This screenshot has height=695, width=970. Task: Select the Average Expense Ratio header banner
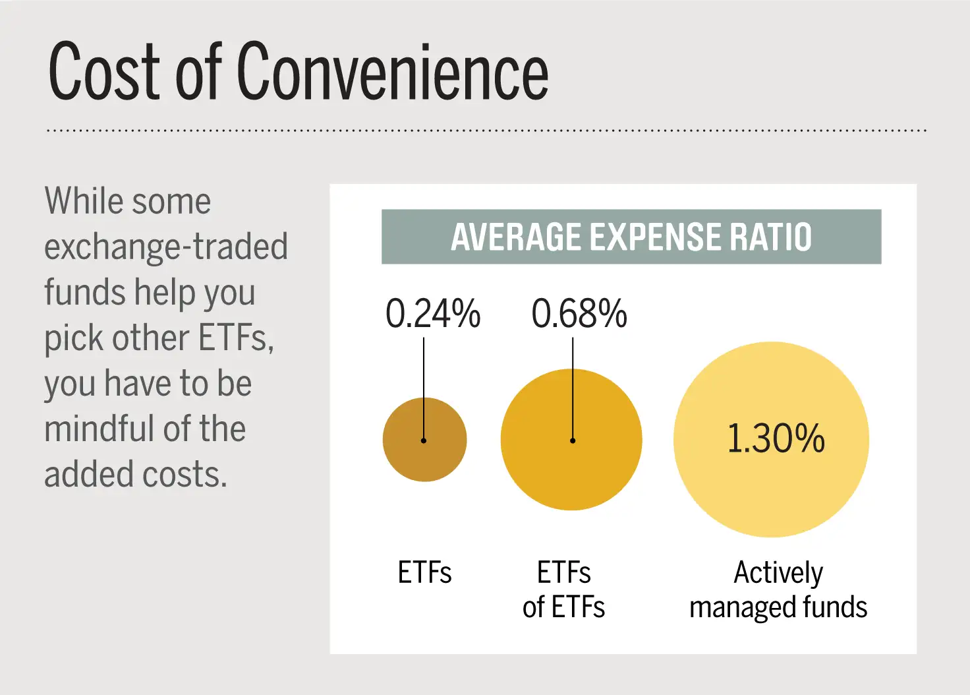click(x=631, y=237)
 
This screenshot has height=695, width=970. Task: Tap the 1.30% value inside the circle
click(x=776, y=438)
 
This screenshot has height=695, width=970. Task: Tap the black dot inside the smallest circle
click(x=424, y=440)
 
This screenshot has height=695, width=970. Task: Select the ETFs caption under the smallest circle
click(x=424, y=572)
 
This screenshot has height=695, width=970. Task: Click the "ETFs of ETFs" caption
click(x=563, y=589)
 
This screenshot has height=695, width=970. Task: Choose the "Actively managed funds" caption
click(x=778, y=589)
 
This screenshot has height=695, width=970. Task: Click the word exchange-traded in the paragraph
click(x=166, y=247)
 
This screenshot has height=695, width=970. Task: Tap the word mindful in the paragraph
click(x=99, y=429)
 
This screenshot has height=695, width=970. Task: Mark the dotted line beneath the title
click(x=486, y=131)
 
